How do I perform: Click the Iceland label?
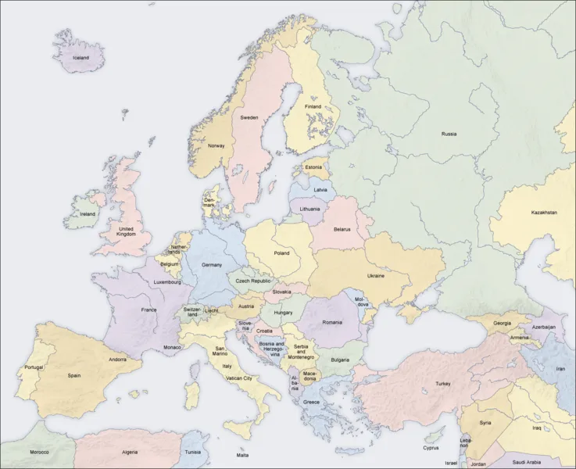coord(80,58)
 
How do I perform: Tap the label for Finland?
coord(313,106)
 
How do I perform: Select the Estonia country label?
coord(313,167)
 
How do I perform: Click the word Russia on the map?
coord(449,134)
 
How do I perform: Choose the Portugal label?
coord(34,367)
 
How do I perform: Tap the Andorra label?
coord(118,360)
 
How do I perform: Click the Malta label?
coord(243,455)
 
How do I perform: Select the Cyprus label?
coord(431,448)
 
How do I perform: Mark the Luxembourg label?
coord(167,282)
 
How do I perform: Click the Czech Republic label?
coord(254,281)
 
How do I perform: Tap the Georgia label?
coord(503,323)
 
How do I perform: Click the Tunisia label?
coord(192,452)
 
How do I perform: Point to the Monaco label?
coord(172,347)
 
